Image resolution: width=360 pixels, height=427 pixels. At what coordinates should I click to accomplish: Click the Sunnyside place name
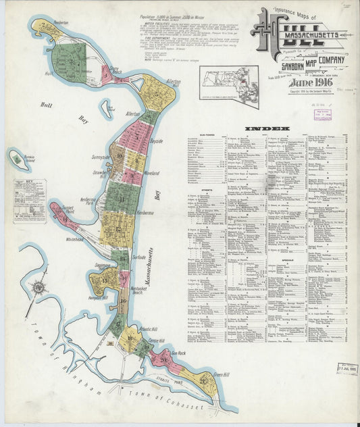pos(101,156)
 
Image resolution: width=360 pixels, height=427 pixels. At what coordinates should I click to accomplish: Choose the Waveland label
pos(151,172)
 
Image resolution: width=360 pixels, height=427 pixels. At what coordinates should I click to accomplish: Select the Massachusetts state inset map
pos(230,86)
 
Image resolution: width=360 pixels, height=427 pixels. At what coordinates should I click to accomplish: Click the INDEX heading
pos(267,128)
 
